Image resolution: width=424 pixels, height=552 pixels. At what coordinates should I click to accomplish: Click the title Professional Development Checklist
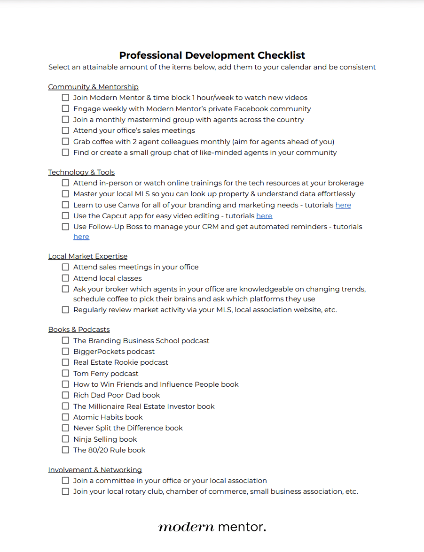click(212, 55)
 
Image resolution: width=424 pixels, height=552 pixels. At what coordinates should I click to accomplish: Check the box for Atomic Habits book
click(65, 417)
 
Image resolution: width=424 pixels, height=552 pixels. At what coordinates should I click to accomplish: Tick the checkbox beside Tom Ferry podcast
click(65, 373)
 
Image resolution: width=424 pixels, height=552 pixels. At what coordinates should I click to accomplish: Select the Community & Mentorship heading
click(93, 87)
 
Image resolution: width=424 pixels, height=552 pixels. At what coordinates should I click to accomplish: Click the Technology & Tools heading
click(81, 172)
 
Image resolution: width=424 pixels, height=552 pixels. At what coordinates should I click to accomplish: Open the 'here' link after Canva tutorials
click(343, 205)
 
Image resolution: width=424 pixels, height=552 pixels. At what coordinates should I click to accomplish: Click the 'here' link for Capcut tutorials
click(264, 216)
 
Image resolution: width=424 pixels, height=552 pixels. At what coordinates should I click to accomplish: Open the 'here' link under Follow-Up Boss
click(81, 237)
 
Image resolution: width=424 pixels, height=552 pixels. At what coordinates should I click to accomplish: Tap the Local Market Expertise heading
click(87, 256)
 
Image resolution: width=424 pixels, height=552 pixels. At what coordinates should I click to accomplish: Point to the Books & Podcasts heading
click(79, 330)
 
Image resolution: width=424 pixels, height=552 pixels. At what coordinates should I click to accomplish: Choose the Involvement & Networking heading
click(95, 470)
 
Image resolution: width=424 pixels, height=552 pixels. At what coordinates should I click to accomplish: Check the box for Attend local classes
click(65, 278)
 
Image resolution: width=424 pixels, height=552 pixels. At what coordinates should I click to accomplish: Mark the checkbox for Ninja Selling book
click(65, 439)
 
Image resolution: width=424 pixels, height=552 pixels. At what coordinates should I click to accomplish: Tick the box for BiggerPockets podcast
click(65, 351)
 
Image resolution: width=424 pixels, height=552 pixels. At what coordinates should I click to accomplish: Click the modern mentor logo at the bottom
click(212, 527)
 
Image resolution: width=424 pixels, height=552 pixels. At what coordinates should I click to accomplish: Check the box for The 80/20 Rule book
click(65, 450)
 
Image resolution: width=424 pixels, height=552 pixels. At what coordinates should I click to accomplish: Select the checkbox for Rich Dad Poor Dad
click(65, 395)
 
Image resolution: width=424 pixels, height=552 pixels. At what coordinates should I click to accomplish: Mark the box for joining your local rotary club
click(65, 491)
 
